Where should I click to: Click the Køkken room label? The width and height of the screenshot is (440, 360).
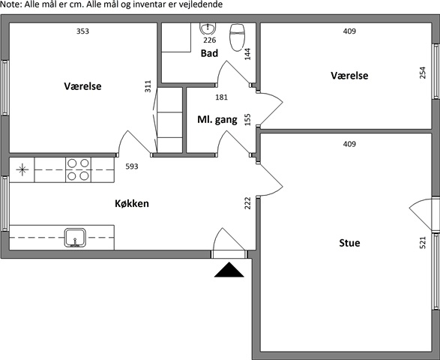(132, 203)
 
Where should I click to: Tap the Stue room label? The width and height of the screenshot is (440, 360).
(349, 242)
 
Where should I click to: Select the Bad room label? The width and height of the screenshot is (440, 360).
(209, 53)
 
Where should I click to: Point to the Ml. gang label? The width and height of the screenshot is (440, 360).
(217, 120)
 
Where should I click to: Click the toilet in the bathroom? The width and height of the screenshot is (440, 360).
(237, 37)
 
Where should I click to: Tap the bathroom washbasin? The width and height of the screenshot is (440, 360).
(208, 28)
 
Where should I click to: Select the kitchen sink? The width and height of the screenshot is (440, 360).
(75, 238)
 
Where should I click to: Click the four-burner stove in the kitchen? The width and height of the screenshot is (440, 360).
(78, 170)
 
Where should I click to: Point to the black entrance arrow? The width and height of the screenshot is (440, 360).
(229, 269)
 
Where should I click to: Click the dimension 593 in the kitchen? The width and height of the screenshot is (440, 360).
(132, 166)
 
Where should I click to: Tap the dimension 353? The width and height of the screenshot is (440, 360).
(82, 31)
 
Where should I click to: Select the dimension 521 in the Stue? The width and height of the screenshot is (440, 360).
(422, 242)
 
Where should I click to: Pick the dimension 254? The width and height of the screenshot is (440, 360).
(422, 73)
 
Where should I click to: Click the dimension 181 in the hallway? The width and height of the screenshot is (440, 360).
(221, 97)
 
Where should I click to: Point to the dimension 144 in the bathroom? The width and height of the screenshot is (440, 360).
(247, 54)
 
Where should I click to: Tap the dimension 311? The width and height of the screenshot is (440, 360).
(148, 86)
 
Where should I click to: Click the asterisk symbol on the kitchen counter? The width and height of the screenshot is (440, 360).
(22, 169)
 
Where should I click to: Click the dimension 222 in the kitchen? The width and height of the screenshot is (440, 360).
(247, 203)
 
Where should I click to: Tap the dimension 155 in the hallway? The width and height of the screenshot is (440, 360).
(247, 120)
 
